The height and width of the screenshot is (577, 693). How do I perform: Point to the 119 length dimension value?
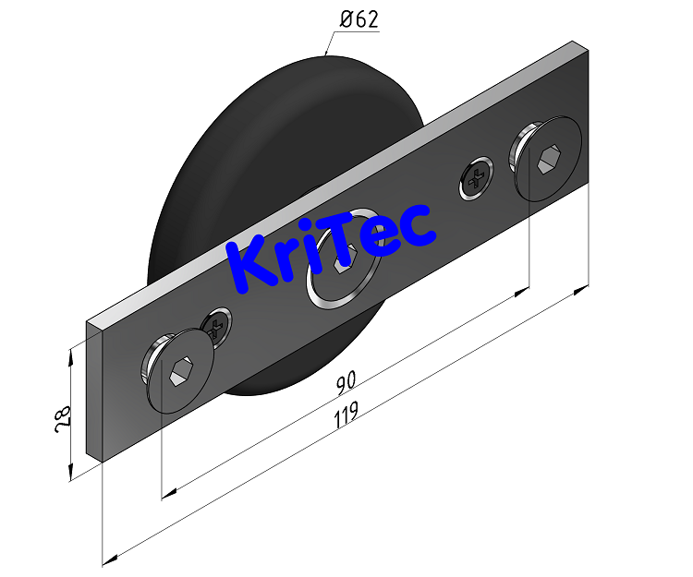[x=346, y=415]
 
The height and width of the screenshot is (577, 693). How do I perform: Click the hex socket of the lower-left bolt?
[x=179, y=373]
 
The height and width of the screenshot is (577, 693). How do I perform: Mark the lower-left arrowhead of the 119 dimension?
[x=108, y=559]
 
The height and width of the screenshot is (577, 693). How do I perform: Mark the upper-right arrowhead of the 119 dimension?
[x=583, y=289]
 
